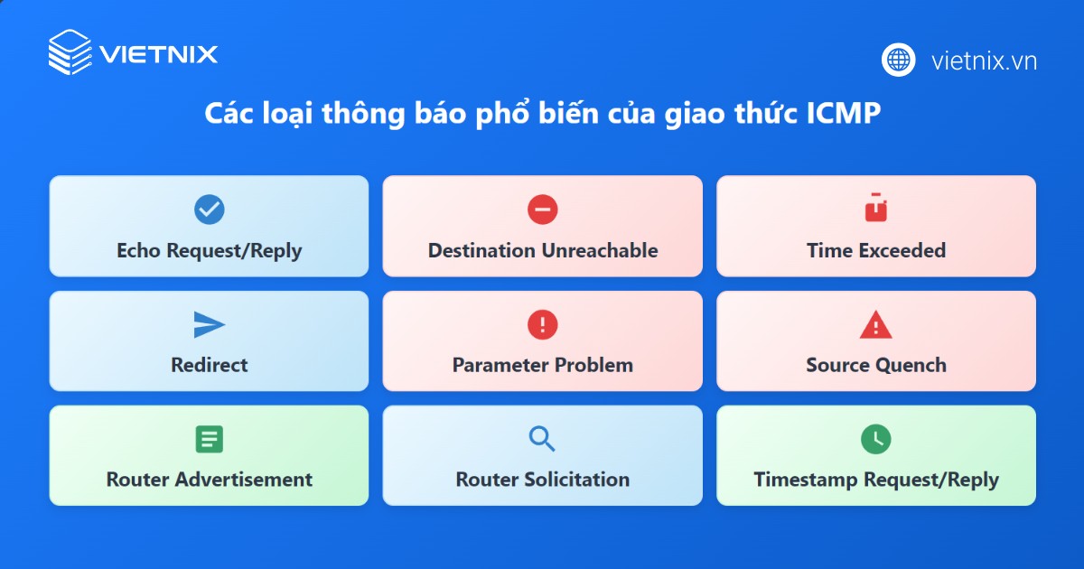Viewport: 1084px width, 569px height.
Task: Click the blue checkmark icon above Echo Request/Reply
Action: [209, 210]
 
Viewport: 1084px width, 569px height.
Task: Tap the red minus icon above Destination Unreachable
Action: [543, 210]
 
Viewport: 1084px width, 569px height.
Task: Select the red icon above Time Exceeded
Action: [876, 208]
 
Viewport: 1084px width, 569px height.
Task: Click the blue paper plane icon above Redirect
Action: [209, 324]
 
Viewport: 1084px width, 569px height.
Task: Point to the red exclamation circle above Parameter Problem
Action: [543, 324]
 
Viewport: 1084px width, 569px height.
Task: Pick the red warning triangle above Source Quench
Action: [876, 325]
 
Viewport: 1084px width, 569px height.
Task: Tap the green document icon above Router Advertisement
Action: [209, 439]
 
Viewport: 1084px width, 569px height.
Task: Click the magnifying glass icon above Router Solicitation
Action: [542, 439]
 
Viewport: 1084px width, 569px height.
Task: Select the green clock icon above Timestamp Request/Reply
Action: [876, 439]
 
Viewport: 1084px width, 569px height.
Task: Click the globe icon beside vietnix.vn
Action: [898, 60]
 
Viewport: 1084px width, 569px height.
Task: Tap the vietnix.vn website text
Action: [985, 61]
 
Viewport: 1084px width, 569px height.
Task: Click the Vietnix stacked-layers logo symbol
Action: [70, 52]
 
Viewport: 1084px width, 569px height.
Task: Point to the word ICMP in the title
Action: [843, 113]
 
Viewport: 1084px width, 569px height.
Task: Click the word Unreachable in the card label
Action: [600, 251]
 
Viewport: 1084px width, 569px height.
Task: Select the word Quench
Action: [911, 366]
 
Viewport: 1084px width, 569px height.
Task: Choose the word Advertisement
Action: [243, 480]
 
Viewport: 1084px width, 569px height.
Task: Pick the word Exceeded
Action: [902, 251]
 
